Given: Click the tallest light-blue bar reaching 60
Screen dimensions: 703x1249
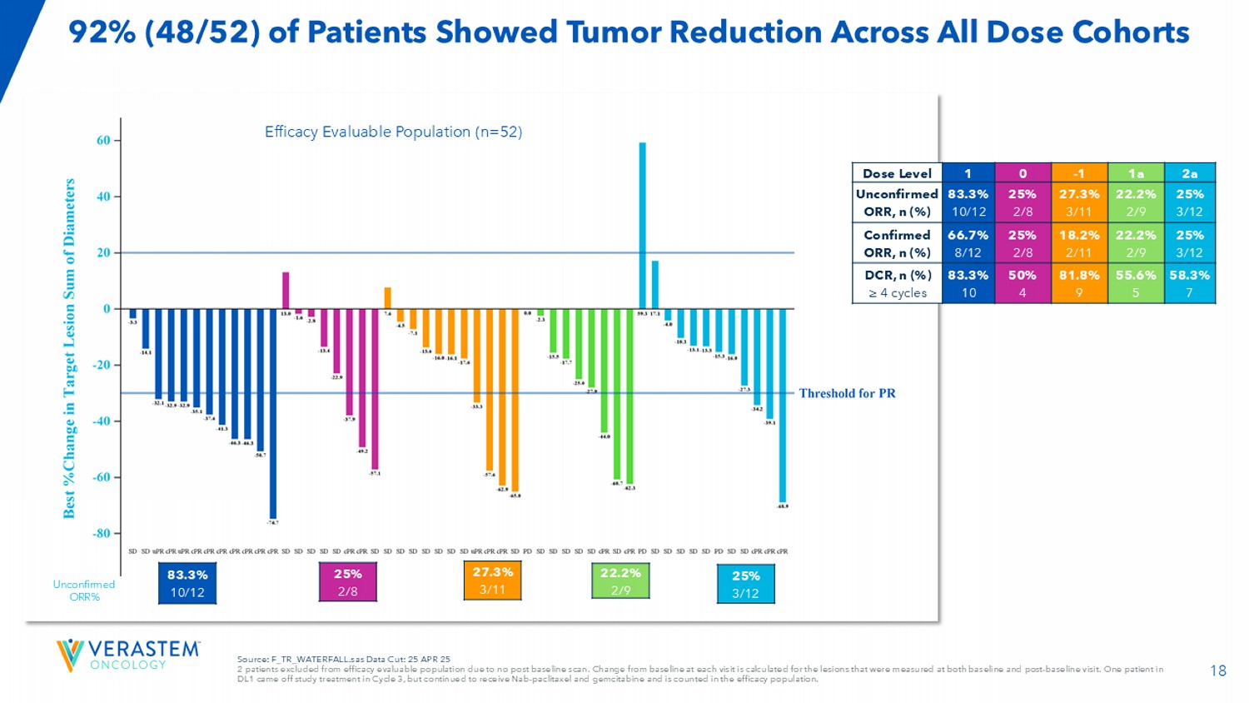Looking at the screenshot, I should click(642, 225).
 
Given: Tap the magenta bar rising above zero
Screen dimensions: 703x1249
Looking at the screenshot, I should click(286, 291).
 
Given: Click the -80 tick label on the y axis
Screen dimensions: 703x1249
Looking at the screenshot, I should click(101, 533).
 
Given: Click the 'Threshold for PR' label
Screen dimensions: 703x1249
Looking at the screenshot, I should click(847, 393).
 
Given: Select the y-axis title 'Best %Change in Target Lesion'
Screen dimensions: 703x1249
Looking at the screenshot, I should click(70, 347).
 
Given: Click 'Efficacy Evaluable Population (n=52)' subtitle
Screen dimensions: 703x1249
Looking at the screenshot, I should click(393, 132).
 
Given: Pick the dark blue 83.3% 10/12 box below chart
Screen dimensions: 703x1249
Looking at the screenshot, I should click(187, 583).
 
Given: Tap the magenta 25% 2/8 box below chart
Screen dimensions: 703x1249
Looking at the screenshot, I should click(348, 582).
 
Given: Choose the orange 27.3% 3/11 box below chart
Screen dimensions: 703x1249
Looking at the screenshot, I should click(493, 581).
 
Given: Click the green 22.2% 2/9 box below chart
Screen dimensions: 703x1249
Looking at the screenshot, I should click(620, 581).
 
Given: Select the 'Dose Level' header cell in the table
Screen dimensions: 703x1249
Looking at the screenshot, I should click(897, 173).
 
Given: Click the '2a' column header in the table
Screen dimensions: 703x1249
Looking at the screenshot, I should click(1189, 173).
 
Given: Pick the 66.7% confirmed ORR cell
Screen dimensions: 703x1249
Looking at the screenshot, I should click(968, 242).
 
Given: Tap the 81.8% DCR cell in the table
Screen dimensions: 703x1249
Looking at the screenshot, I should click(1078, 283).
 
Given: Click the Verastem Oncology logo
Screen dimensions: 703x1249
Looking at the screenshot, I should click(128, 655).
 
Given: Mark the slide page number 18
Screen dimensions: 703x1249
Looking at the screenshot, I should click(1217, 671).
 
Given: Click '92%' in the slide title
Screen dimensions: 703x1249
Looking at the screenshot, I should click(102, 32).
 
